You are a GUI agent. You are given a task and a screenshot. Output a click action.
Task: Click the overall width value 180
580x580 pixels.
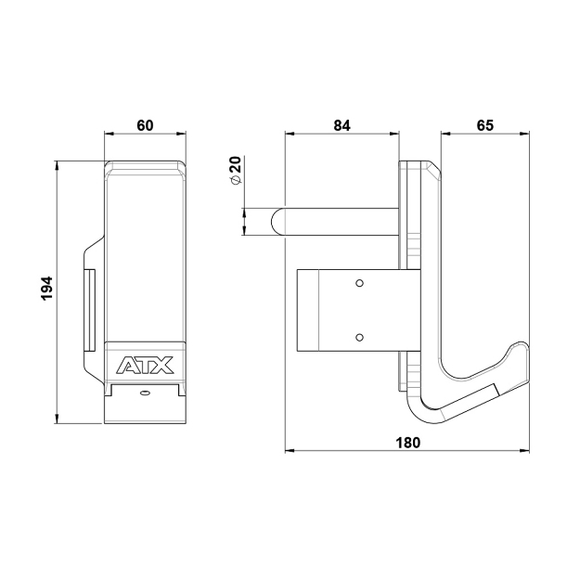[406, 443]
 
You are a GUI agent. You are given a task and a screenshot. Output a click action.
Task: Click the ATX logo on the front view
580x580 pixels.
[145, 365]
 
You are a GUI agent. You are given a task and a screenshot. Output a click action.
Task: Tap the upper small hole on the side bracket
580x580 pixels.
[361, 281]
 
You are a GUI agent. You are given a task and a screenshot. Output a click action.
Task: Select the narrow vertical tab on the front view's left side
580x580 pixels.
[91, 309]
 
